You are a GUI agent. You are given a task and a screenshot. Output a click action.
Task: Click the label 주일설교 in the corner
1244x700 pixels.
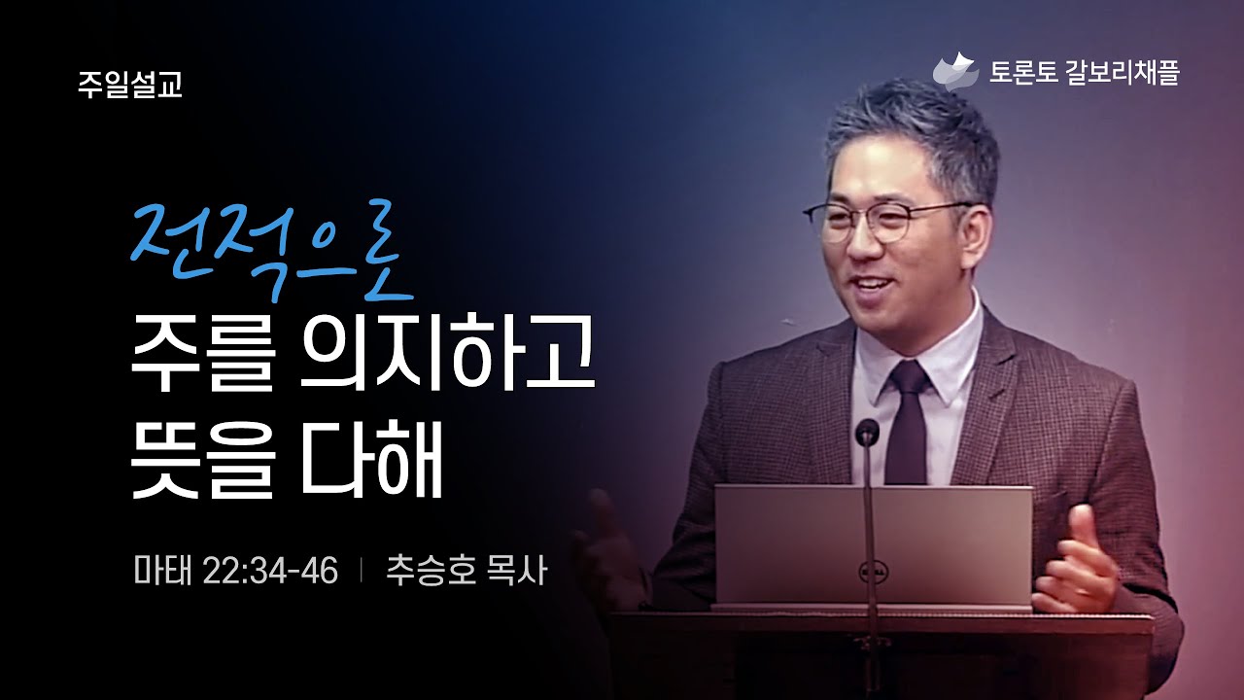coord(130,85)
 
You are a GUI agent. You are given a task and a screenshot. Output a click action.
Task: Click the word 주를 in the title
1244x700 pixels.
coord(202,354)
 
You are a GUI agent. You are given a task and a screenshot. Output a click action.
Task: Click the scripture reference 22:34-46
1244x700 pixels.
coord(270,571)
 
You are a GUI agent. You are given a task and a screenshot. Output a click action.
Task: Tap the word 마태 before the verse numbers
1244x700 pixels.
coord(162,571)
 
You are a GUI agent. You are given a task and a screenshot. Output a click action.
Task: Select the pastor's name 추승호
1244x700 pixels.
coord(431,571)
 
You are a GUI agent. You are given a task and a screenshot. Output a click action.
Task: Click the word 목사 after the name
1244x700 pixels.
coord(516,571)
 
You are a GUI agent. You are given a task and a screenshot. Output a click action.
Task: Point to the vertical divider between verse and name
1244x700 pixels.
coord(362,571)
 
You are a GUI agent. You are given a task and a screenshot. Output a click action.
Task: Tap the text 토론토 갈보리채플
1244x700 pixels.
coord(1084,73)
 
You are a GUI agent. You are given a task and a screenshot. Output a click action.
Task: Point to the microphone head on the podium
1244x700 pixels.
coord(867,433)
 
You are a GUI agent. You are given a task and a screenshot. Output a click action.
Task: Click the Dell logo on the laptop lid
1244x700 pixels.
coord(870,573)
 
